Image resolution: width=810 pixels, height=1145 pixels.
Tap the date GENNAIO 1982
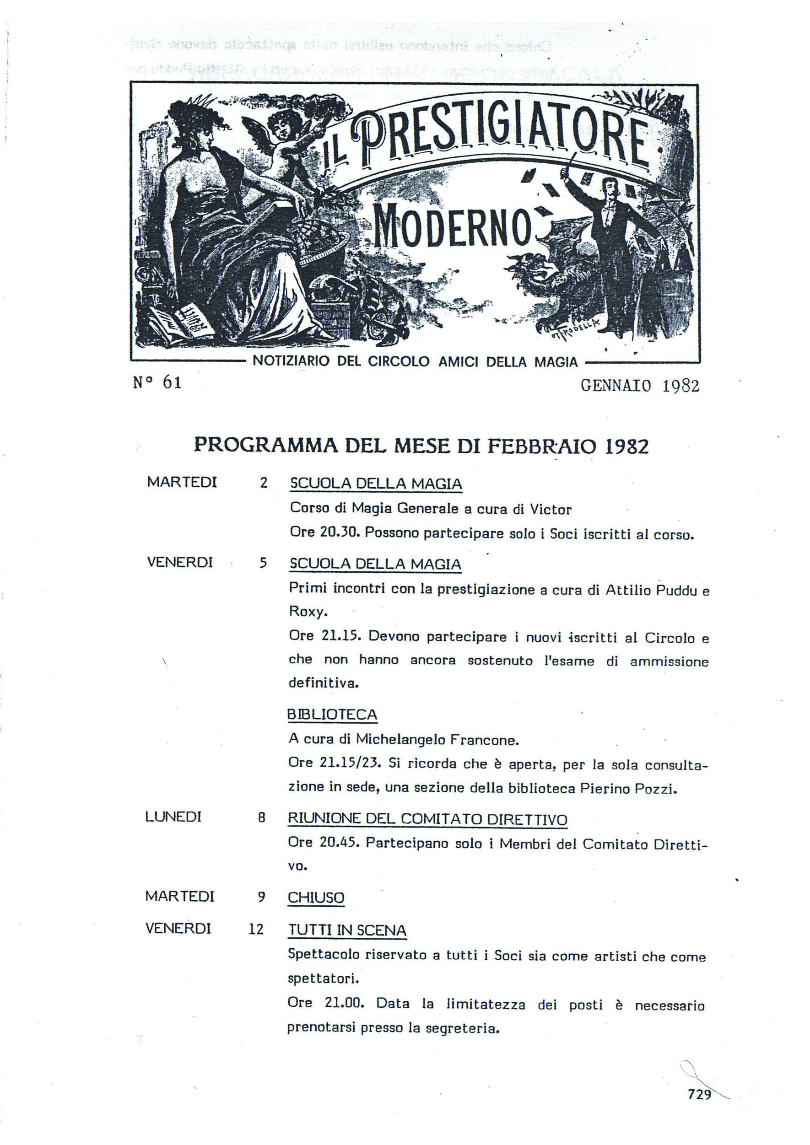click(640, 386)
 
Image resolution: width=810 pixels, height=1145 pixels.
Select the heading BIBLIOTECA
click(332, 715)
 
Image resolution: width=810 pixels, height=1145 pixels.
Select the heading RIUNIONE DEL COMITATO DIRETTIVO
click(427, 819)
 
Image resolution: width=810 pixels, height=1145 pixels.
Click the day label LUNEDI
click(173, 817)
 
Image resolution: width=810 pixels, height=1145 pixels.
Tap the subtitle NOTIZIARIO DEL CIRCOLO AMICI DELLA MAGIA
click(415, 361)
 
